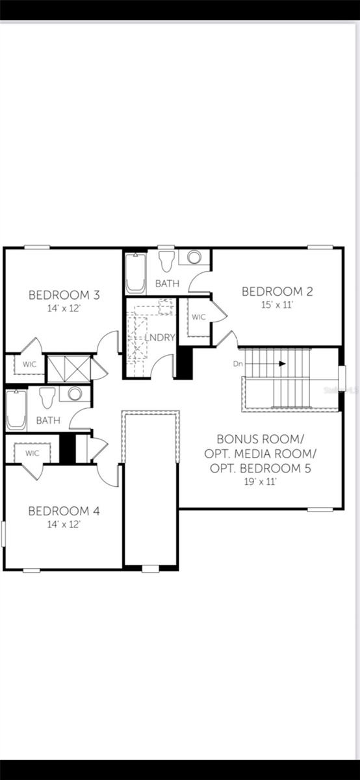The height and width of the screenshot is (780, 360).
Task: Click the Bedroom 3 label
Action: [64, 295]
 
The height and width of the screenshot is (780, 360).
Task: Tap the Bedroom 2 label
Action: [277, 291]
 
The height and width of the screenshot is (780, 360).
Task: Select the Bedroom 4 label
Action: [64, 511]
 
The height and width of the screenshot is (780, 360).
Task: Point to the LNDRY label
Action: [160, 337]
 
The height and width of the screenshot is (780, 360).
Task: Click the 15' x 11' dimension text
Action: [277, 304]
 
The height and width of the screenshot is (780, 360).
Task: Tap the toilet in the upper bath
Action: [166, 261]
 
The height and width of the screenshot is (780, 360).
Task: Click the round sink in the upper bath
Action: [194, 257]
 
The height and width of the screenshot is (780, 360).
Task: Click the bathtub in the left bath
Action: [16, 409]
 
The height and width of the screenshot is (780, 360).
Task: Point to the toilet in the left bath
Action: [47, 397]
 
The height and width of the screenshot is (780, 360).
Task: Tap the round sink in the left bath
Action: [75, 394]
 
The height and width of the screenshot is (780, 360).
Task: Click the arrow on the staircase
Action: [282, 363]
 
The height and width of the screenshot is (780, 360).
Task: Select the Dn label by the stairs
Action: [238, 364]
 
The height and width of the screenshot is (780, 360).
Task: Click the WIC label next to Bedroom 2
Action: [198, 317]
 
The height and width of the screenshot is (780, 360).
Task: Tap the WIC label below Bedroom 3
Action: [30, 364]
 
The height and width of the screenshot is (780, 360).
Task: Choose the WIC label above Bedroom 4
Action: [32, 452]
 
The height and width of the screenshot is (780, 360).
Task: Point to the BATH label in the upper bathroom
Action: [167, 283]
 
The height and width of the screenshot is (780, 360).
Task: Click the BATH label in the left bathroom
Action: [48, 421]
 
